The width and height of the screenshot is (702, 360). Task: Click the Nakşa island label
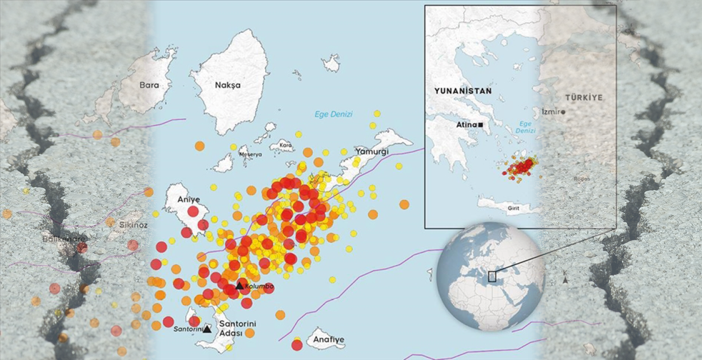(228, 85)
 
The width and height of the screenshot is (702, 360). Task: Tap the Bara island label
(149, 85)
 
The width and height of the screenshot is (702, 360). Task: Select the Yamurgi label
(372, 151)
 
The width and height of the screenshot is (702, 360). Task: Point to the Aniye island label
(189, 199)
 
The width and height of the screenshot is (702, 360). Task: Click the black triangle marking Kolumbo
(240, 286)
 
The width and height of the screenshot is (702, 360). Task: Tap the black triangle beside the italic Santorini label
(207, 329)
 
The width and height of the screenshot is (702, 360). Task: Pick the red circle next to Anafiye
(297, 345)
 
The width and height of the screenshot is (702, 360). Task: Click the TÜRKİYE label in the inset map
(583, 98)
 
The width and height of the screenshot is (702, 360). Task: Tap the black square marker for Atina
(481, 124)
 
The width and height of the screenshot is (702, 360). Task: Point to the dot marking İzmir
(563, 111)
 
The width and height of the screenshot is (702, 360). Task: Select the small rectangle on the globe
(492, 277)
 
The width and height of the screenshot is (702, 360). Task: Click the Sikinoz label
(133, 225)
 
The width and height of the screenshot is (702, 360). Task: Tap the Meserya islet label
(250, 154)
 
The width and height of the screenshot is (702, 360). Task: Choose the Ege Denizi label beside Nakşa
(333, 114)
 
